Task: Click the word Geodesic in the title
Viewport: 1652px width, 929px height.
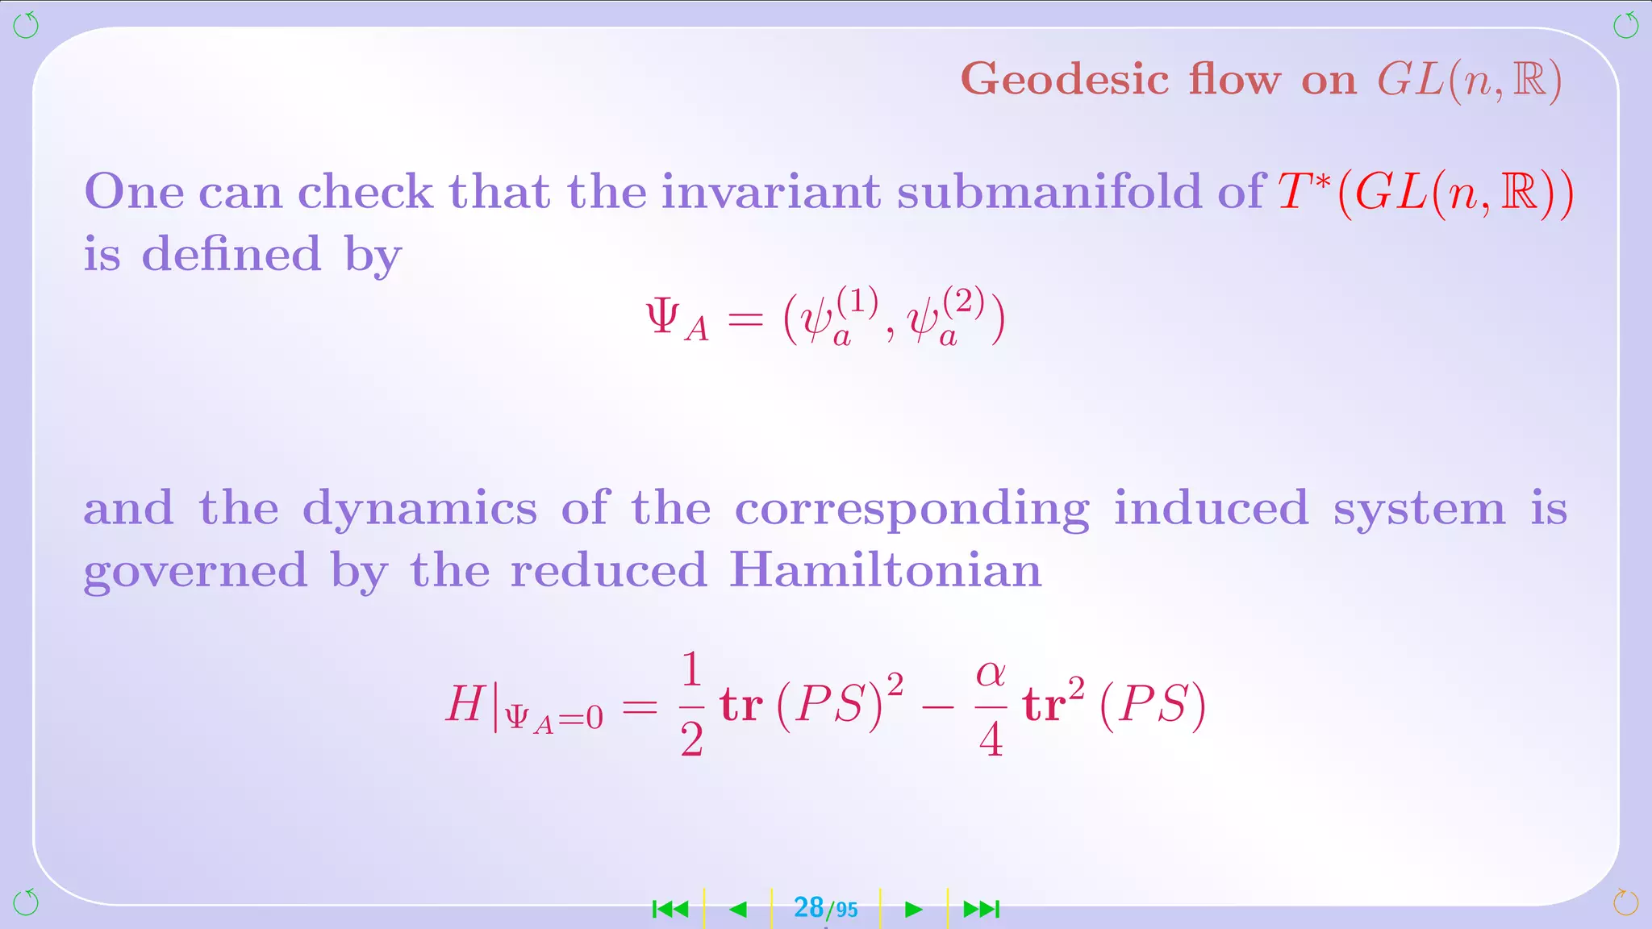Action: (1065, 81)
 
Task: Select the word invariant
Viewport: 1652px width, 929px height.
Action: (770, 192)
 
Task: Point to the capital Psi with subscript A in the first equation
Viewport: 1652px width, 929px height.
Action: (676, 318)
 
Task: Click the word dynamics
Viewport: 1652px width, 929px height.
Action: (419, 510)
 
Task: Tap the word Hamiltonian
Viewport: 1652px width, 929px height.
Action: (885, 570)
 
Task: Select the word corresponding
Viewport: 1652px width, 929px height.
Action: (912, 510)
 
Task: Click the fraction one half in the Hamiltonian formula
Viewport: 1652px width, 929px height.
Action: (691, 704)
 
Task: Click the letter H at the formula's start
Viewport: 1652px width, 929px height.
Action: (465, 703)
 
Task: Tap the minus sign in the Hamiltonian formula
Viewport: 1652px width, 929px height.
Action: (938, 707)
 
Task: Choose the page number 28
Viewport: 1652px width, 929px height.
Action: (808, 907)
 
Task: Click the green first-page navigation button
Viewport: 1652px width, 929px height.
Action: (670, 910)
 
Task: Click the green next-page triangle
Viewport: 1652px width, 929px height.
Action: (913, 910)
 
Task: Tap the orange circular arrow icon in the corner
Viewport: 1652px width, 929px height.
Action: (1625, 902)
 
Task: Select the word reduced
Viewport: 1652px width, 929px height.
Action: (609, 570)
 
